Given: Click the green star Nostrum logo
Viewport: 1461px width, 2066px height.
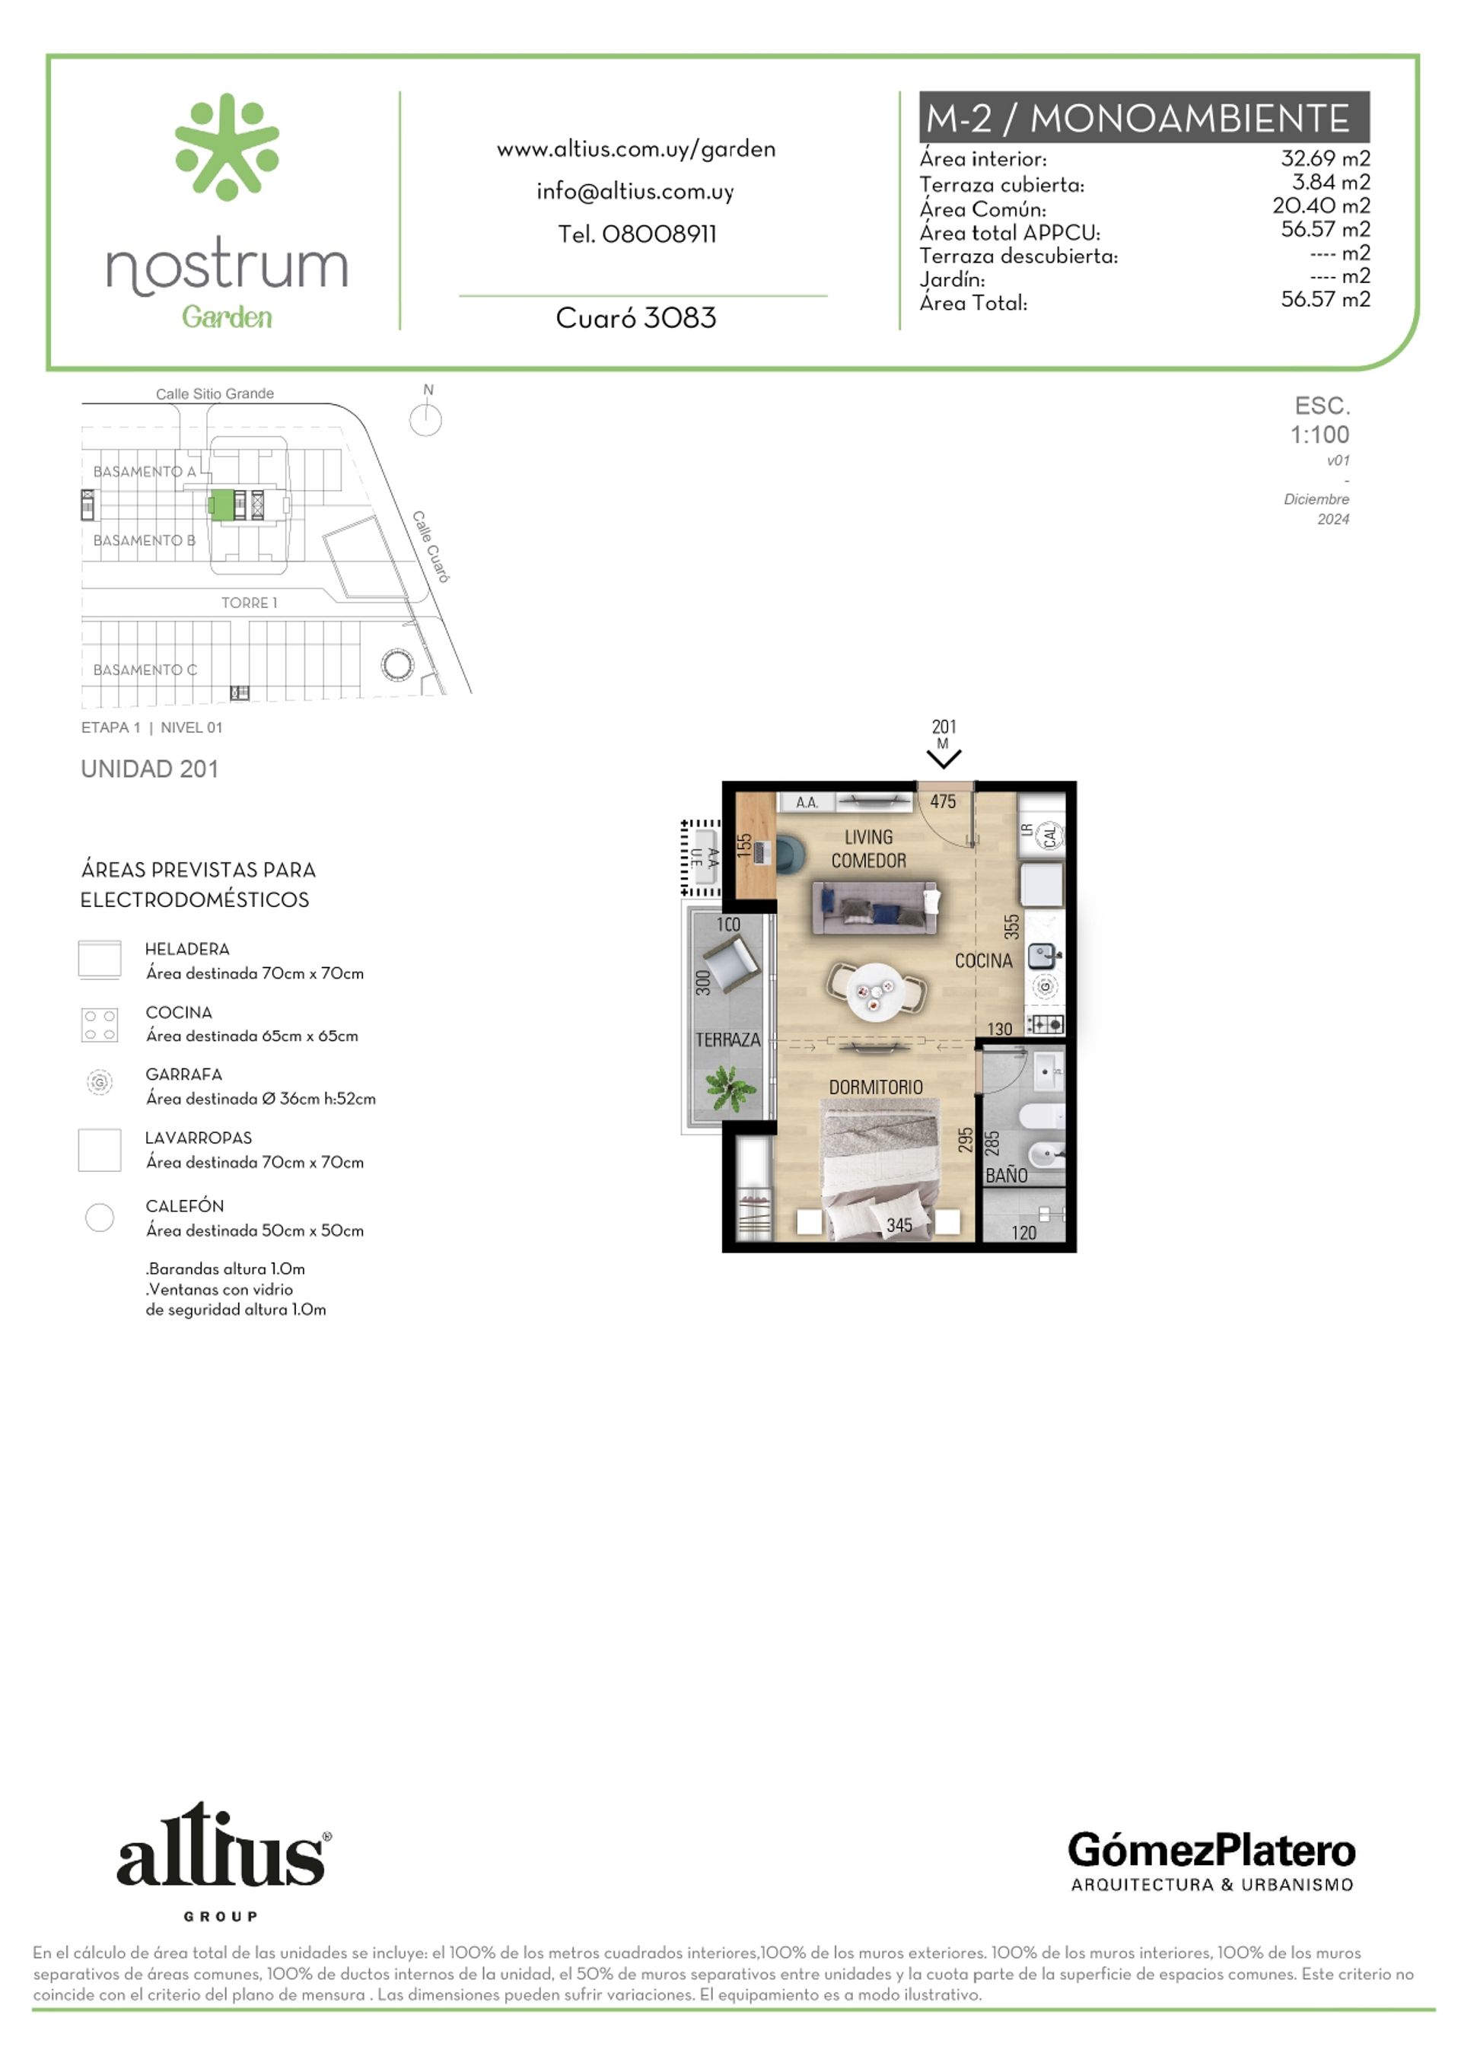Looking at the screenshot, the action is point(227,146).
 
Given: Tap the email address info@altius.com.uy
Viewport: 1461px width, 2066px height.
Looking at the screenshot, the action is point(635,192).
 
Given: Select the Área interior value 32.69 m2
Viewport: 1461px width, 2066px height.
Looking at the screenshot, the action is point(1325,158).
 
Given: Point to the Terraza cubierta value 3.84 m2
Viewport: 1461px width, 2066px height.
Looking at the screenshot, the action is point(1331,182).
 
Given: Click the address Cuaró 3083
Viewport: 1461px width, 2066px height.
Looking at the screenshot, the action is point(636,317).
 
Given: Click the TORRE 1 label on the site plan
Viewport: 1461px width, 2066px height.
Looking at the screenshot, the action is point(249,603).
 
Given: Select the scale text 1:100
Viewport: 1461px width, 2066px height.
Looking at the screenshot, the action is point(1319,435).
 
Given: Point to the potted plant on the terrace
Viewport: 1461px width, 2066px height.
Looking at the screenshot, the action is point(729,1088).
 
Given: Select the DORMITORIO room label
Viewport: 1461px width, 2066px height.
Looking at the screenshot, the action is point(875,1087).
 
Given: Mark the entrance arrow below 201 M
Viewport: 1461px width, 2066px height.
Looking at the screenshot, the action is point(944,759).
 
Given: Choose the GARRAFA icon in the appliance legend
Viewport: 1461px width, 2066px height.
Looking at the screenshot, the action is point(99,1081).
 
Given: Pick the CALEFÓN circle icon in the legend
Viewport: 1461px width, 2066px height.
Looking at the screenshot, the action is point(99,1218).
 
